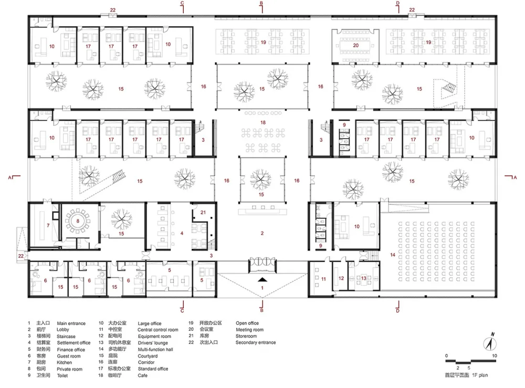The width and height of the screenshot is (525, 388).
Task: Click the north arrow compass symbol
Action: click(490, 343)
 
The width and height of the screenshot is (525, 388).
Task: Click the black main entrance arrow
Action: click(262, 280)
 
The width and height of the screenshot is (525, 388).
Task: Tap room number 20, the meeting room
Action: click(355, 46)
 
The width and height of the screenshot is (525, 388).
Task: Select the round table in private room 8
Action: click(78, 221)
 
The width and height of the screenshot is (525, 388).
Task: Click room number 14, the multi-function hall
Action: click(392, 255)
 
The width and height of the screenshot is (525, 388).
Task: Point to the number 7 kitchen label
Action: click(48, 225)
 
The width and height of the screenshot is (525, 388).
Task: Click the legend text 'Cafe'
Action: click(143, 375)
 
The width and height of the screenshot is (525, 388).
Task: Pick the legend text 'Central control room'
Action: click(157, 330)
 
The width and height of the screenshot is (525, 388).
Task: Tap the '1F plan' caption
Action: click(480, 375)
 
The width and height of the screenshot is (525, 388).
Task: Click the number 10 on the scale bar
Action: click(495, 355)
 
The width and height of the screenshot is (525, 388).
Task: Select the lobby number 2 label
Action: click(262, 233)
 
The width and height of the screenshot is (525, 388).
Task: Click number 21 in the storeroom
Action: click(203, 212)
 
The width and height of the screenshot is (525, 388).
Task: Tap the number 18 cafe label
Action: click(263, 122)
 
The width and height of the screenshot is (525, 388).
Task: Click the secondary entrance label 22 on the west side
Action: click(21, 256)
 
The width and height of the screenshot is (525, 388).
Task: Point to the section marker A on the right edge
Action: click(515, 177)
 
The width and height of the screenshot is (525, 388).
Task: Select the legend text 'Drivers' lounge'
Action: click(153, 343)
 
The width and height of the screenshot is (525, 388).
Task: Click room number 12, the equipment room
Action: click(341, 278)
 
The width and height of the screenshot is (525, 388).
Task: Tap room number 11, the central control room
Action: click(323, 279)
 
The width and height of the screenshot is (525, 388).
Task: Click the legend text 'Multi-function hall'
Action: click(155, 349)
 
